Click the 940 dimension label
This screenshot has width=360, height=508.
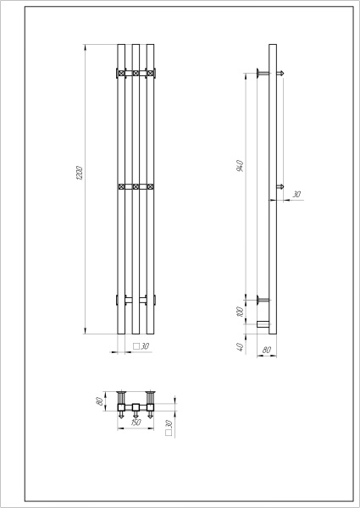[241, 165]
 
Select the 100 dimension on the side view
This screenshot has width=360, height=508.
[241, 312]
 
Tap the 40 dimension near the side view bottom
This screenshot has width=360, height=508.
[241, 346]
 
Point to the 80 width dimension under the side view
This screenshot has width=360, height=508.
[267, 349]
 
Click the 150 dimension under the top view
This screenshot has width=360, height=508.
[135, 423]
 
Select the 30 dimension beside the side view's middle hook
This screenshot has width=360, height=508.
[296, 195]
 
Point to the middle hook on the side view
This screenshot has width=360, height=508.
[279, 185]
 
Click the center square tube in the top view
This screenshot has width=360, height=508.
[135, 409]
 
